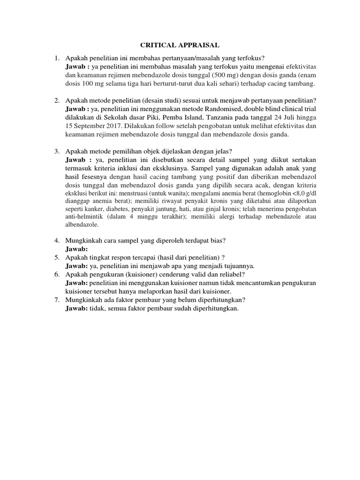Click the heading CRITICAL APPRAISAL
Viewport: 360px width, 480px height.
[180, 45]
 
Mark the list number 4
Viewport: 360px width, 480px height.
[56, 240]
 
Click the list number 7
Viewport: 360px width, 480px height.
[56, 300]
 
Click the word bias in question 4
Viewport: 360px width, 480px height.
[217, 240]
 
